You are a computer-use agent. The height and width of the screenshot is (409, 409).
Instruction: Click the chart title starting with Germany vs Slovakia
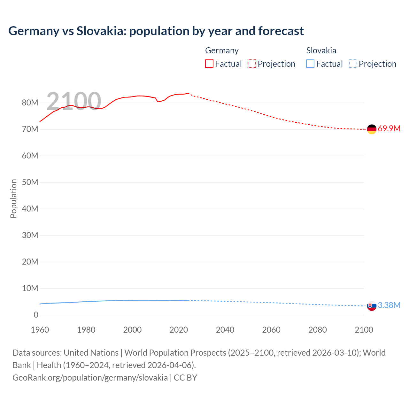point(156,31)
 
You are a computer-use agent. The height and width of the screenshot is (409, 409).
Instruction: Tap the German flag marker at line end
point(372,129)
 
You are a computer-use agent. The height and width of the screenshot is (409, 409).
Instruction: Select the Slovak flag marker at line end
point(372,306)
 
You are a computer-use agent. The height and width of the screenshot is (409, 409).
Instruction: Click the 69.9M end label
point(389,129)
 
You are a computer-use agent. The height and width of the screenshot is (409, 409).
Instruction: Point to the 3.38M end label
point(389,305)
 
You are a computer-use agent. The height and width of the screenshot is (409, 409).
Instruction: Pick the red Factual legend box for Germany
point(209,64)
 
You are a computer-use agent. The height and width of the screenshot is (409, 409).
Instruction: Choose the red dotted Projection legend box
point(252,64)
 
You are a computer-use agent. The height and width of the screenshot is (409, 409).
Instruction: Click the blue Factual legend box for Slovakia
point(310,64)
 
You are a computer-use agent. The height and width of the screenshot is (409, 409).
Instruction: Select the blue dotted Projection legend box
point(353,64)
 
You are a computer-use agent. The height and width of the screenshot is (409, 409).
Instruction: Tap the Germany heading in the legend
point(222,50)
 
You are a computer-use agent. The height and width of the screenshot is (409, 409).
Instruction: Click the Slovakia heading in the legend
point(321,50)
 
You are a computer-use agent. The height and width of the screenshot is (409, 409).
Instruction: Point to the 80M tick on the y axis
point(30,103)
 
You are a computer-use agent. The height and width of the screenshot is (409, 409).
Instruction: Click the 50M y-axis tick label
point(30,182)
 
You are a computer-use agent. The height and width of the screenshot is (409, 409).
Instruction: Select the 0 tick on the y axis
point(36,315)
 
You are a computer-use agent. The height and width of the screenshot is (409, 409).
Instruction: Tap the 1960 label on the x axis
point(40,330)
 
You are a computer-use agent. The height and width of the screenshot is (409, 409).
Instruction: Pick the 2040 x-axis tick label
point(225,330)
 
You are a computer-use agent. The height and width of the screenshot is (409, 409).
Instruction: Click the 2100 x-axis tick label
point(364,330)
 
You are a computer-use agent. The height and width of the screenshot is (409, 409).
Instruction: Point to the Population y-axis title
point(13,198)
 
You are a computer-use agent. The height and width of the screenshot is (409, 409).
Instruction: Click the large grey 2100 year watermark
point(74,101)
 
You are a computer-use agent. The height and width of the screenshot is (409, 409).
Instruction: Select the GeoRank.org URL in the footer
point(90,378)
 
